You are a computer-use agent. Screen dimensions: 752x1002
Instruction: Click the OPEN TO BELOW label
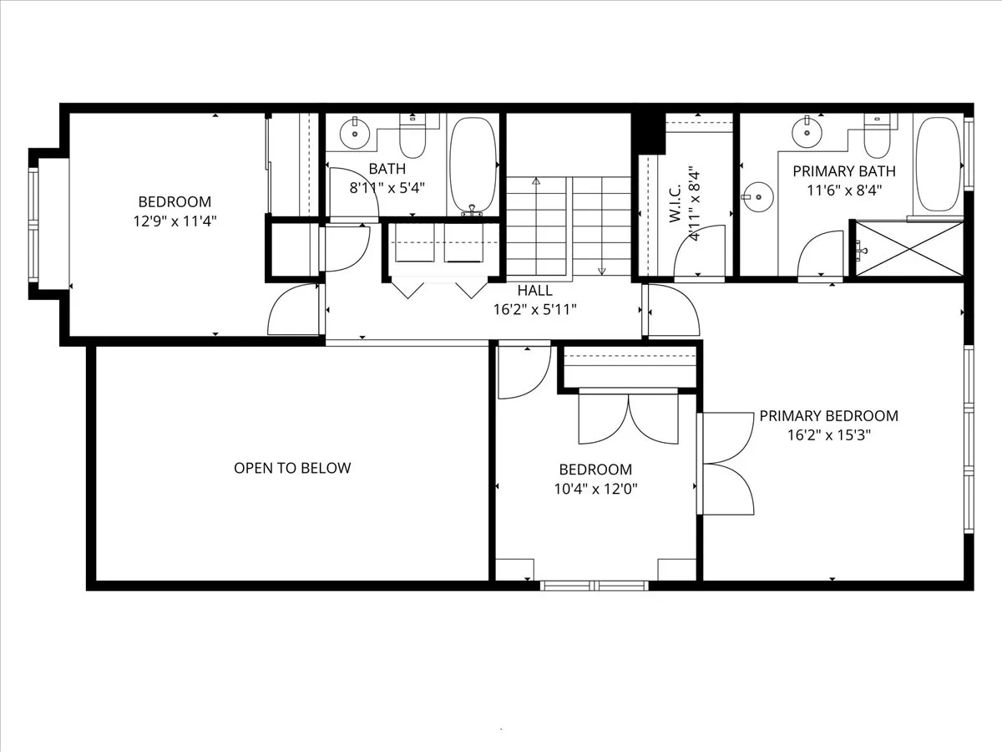pyautogui.click(x=292, y=468)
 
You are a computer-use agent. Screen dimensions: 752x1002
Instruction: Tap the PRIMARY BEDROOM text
pyautogui.click(x=828, y=416)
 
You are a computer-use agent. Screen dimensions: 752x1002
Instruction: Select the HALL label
pyautogui.click(x=534, y=291)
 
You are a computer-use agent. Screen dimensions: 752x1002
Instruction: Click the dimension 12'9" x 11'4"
pyautogui.click(x=175, y=221)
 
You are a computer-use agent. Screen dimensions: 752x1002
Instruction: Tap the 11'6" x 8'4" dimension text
pyautogui.click(x=843, y=190)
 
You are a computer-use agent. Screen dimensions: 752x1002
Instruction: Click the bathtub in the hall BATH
pyautogui.click(x=473, y=164)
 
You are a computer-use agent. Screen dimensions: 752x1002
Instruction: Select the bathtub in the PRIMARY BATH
pyautogui.click(x=939, y=162)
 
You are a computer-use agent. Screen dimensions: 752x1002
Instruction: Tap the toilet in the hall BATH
pyautogui.click(x=412, y=139)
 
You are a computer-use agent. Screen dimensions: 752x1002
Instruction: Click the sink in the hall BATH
pyautogui.click(x=355, y=132)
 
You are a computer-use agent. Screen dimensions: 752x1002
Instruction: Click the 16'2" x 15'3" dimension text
pyautogui.click(x=828, y=435)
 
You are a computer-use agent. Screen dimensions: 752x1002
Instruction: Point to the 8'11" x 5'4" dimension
pyautogui.click(x=387, y=187)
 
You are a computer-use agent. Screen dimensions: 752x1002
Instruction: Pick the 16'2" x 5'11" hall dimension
pyautogui.click(x=534, y=310)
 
